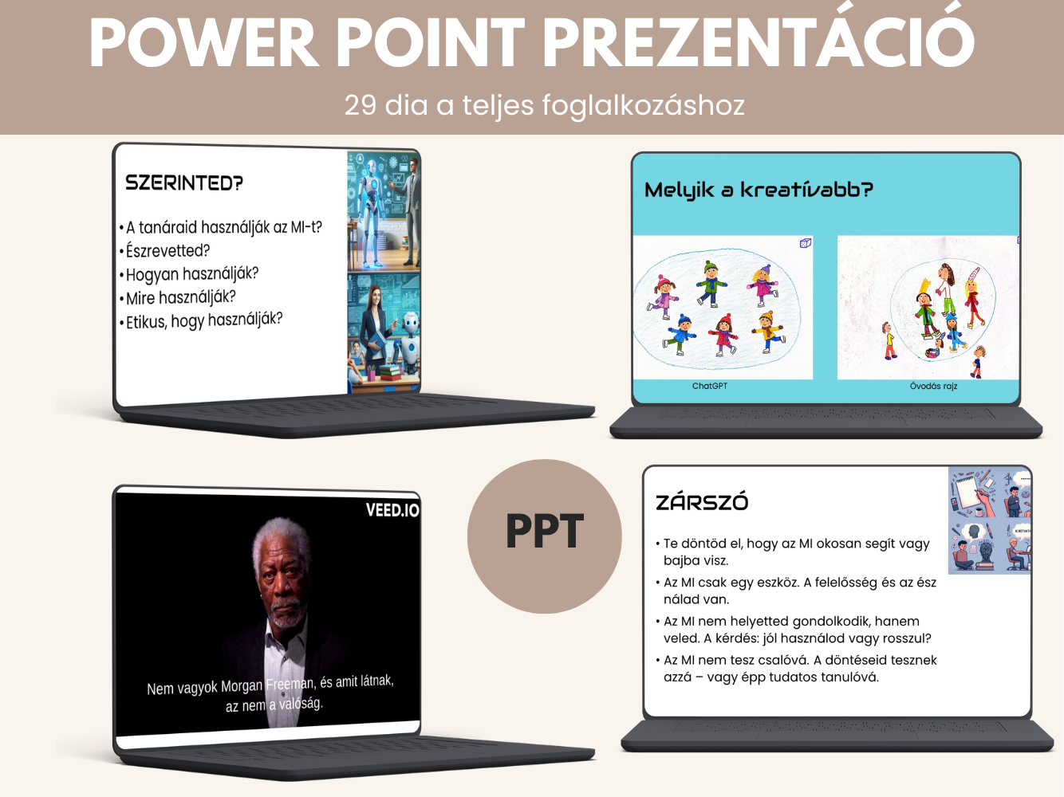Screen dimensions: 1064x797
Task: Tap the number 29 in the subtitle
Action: [361, 104]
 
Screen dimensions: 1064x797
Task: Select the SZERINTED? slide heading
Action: [183, 183]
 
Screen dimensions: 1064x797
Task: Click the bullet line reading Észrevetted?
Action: [167, 251]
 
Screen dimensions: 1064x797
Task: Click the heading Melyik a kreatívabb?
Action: [759, 190]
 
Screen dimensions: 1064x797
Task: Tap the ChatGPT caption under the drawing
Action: [710, 386]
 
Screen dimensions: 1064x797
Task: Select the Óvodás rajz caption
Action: [933, 386]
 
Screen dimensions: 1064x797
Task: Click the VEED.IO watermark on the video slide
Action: [392, 510]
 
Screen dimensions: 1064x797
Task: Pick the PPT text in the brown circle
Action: [544, 532]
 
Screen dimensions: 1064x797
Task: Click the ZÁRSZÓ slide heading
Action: [702, 502]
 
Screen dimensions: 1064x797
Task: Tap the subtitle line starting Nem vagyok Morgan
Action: [270, 685]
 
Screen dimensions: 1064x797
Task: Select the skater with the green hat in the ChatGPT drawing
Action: [711, 284]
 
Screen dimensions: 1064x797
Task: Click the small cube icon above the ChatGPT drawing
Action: [805, 242]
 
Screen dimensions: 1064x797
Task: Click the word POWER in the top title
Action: [204, 42]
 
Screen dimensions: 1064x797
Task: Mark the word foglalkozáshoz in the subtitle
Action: [643, 105]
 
